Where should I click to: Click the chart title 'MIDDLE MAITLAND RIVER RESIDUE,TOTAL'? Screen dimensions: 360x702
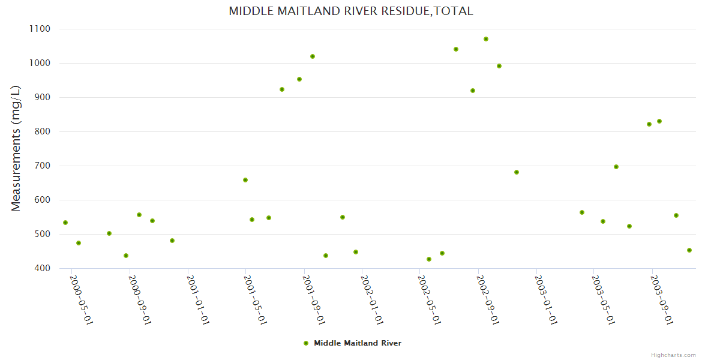pyautogui.click(x=351, y=11)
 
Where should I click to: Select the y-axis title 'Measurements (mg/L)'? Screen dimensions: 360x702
pyautogui.click(x=16, y=148)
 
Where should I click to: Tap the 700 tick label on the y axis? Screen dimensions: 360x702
pyautogui.click(x=41, y=166)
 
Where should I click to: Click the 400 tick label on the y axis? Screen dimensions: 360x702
pyautogui.click(x=41, y=268)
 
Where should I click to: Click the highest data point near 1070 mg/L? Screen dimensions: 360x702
pyautogui.click(x=486, y=39)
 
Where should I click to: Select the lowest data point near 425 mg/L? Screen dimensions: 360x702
pyautogui.click(x=429, y=259)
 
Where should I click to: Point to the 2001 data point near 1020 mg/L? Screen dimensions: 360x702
pyautogui.click(x=313, y=56)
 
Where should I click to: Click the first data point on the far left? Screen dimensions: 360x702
pyautogui.click(x=65, y=223)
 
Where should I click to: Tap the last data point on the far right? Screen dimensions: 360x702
pyautogui.click(x=689, y=250)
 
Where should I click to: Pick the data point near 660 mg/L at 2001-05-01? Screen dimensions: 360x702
pyautogui.click(x=245, y=180)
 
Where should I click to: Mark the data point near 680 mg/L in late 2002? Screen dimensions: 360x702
pyautogui.click(x=517, y=172)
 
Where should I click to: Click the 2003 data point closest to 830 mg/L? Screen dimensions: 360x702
pyautogui.click(x=659, y=121)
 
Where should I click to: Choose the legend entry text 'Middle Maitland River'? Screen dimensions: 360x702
pyautogui.click(x=358, y=343)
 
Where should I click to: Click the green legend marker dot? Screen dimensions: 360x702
pyautogui.click(x=306, y=343)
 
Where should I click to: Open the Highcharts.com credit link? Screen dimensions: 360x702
pyautogui.click(x=673, y=355)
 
